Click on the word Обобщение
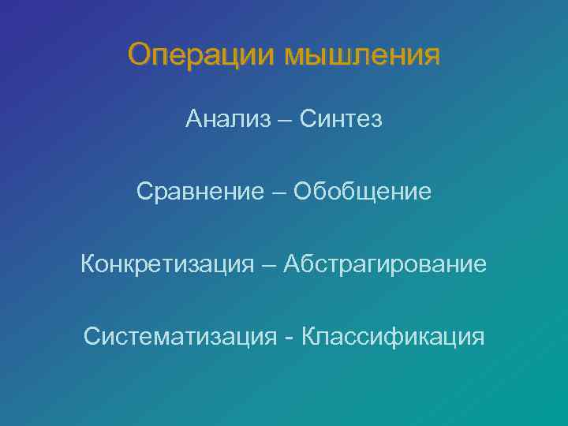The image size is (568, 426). (363, 191)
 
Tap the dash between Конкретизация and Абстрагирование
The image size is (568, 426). (269, 264)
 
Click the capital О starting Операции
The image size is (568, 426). (139, 54)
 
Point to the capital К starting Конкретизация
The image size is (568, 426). (88, 263)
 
